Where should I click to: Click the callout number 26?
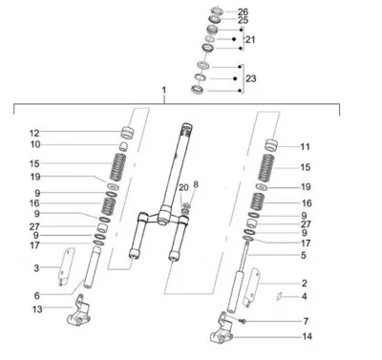243,12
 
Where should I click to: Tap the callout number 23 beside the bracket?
251,78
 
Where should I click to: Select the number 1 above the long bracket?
164,91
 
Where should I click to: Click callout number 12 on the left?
34,133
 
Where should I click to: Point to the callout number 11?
305,147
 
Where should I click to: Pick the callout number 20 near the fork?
183,188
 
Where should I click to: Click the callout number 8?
196,184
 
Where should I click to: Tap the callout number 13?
37,309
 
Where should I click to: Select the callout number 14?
307,336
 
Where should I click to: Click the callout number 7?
306,322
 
